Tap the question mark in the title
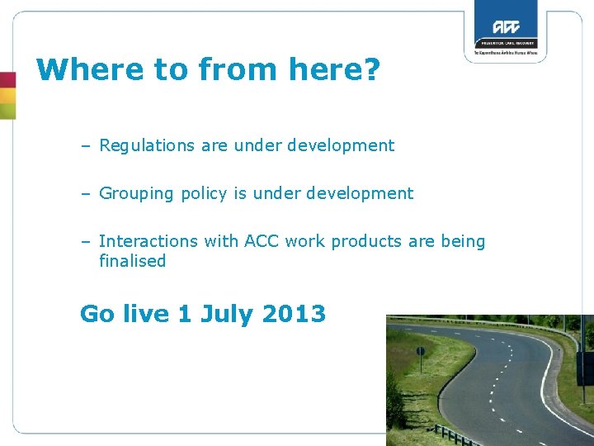(370, 70)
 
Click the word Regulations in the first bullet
(146, 146)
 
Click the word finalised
(132, 261)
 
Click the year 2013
(294, 314)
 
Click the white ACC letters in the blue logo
(505, 26)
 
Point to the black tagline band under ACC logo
(505, 43)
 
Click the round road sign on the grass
(420, 352)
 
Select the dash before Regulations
(86, 146)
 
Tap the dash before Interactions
(86, 241)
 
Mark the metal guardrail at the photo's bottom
(452, 434)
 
